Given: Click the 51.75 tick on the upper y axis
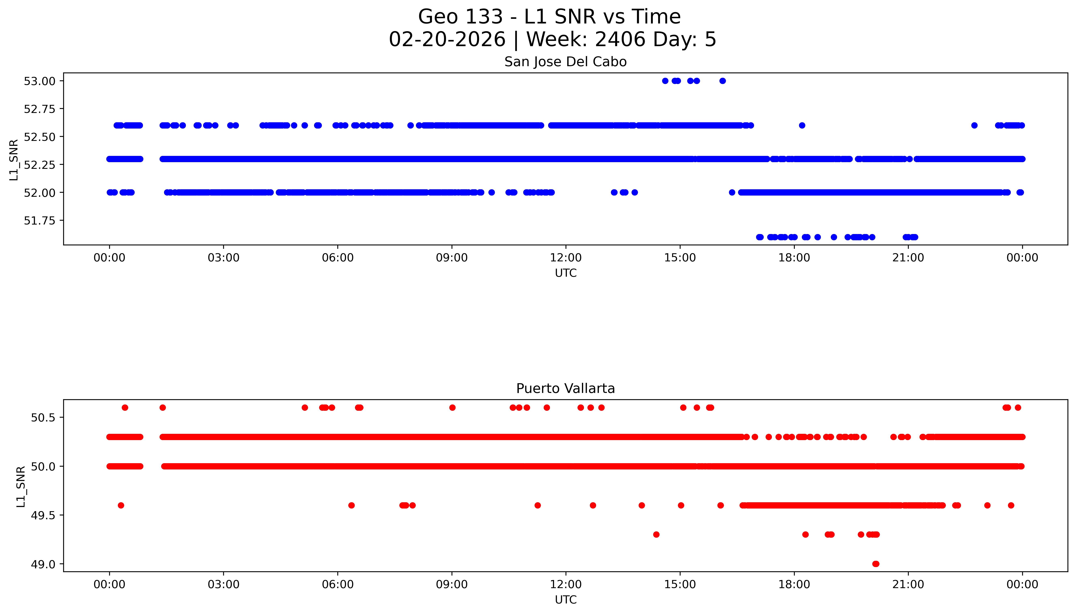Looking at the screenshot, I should pyautogui.click(x=40, y=220).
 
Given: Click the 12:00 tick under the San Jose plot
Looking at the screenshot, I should pyautogui.click(x=566, y=258).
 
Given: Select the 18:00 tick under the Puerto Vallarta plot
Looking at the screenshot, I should pyautogui.click(x=794, y=584).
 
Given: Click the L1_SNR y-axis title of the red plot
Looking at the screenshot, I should pyautogui.click(x=21, y=486).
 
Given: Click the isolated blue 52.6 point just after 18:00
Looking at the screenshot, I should pyautogui.click(x=802, y=125).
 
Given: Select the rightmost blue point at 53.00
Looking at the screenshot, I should pyautogui.click(x=722, y=81).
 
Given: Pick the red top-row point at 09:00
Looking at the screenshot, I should pyautogui.click(x=452, y=407).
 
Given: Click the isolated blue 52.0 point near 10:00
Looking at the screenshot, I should pyautogui.click(x=491, y=192).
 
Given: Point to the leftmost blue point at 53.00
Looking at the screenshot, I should pyautogui.click(x=665, y=81).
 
